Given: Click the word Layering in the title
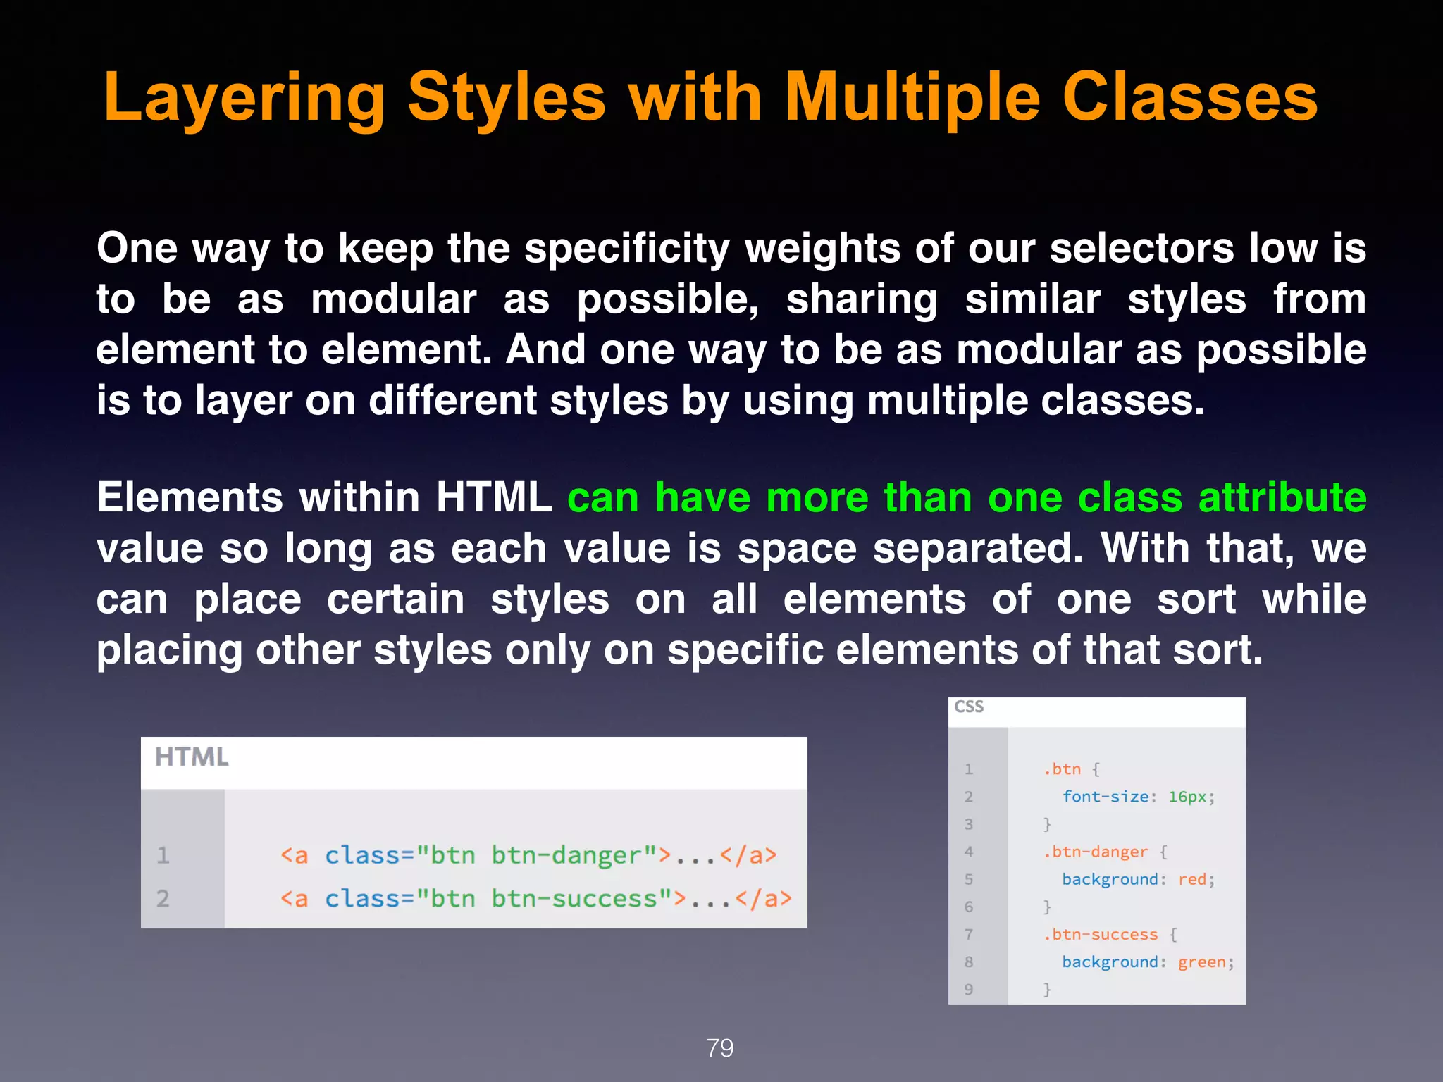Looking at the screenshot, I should coord(244,99).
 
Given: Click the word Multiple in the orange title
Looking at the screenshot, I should coord(912,99).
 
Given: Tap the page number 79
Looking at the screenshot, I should coord(720,1048).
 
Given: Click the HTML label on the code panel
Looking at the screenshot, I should coord(192,757).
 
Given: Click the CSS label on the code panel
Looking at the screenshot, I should coord(969,707).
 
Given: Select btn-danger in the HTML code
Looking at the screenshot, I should coord(566,855).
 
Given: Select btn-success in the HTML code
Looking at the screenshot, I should coord(574,899).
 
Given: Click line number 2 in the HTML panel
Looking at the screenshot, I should coord(163,899).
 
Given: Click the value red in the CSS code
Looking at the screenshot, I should coord(1191,880).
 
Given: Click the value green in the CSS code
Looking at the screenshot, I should coord(1201,962).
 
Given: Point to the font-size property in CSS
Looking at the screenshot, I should coord(1106,797).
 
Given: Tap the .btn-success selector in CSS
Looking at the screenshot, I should coord(1101,935).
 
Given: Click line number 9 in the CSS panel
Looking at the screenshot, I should coord(969,990).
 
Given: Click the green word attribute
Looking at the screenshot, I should coord(1282,498).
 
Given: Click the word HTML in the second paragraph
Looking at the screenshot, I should coord(493,498).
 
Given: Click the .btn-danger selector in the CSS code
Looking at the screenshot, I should coord(1096,852).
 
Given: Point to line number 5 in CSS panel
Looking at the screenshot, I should coord(969,880).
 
